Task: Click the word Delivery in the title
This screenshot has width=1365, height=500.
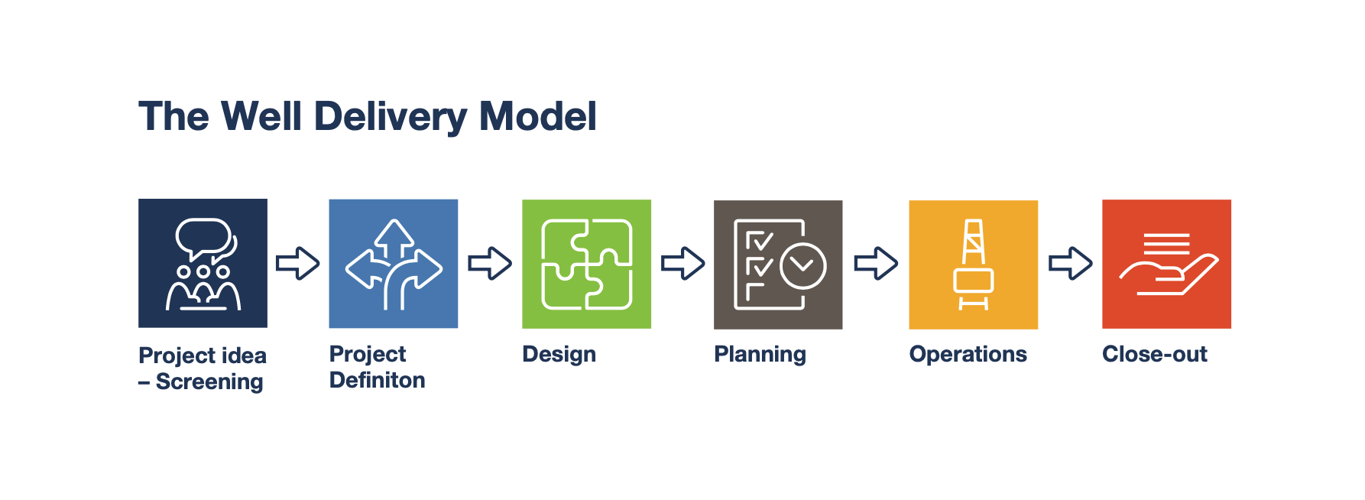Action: point(390,117)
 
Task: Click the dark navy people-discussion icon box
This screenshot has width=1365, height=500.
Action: point(203,263)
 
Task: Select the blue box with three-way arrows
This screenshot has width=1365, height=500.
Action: point(393,264)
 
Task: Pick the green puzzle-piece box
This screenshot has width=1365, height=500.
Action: point(586,264)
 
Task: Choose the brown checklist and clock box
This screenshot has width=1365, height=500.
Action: point(777,265)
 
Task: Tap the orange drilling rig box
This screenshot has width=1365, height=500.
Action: point(973,265)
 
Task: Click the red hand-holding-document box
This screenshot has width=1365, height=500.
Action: point(1166,264)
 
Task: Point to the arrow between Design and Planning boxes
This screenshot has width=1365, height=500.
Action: point(682,264)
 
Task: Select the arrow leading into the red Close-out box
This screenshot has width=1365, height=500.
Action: point(1070,264)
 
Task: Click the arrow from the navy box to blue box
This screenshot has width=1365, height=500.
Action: point(297,264)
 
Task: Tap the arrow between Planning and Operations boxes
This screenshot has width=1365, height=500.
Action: point(876,264)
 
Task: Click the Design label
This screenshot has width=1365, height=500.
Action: point(559,354)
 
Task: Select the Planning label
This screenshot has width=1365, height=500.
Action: point(760,354)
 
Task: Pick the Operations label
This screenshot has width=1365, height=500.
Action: point(968,354)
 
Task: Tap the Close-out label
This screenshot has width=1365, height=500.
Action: point(1154,354)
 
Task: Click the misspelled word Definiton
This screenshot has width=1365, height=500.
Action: point(377,380)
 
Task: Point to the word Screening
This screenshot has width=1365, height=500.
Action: point(209,381)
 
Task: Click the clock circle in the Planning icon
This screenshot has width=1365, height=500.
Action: point(802,266)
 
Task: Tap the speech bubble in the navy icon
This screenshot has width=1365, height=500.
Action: point(203,238)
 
